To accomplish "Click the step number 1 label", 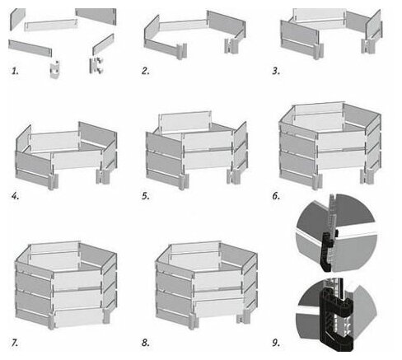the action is pos(15,71).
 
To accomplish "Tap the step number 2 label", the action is pos(146,71).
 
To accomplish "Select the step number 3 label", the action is pos(276,71).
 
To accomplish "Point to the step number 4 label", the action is pos(15,196).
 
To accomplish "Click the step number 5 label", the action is pos(146,196).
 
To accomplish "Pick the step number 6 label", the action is pos(276,196).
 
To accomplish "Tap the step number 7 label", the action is pos(15,343).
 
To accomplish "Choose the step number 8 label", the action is pos(146,343).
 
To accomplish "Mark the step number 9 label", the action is pos(276,343).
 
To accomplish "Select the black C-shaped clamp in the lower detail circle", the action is pos(335,319).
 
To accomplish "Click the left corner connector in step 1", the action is pos(55,70).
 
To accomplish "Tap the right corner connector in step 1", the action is pos(96,65).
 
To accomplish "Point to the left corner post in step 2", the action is pos(182,51).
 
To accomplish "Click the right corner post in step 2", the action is pos(231,45).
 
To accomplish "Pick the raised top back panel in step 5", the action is pos(185,121).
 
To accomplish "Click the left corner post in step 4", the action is pos(54,181).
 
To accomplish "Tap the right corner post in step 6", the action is pos(367,176).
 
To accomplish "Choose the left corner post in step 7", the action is pos(52,320).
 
